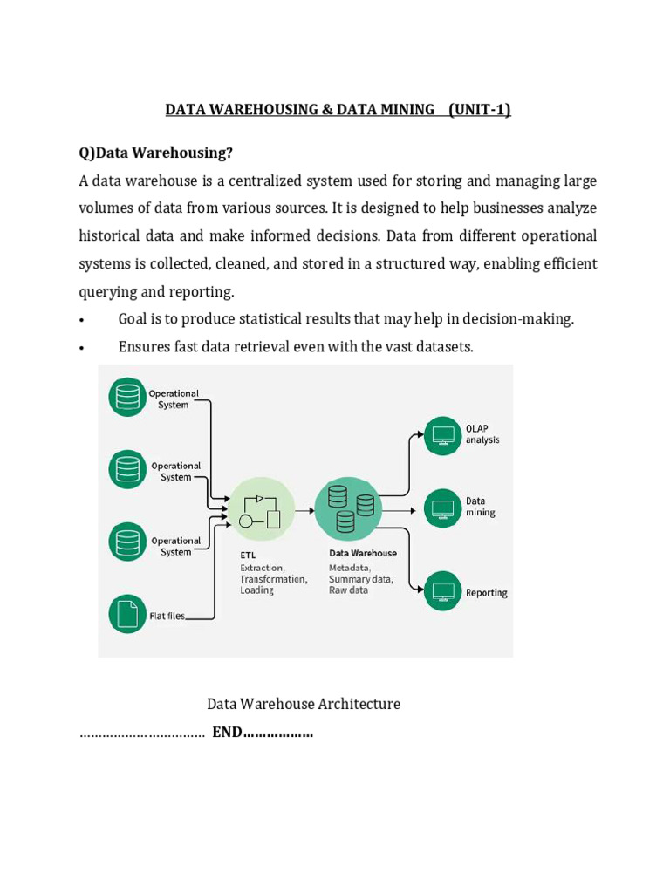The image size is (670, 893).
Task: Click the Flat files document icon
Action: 128,613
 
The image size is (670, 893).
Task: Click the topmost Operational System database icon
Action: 128,398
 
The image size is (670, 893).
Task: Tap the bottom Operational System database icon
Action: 128,541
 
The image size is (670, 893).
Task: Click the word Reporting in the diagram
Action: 487,593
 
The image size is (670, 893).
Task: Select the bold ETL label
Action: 249,553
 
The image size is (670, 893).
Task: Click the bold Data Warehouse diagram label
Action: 363,553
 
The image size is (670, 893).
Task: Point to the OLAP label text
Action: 477,428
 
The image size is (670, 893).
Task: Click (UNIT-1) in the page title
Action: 480,109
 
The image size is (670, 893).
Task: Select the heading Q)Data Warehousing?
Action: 156,153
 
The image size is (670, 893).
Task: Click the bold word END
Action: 227,733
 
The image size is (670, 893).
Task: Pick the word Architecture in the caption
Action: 359,704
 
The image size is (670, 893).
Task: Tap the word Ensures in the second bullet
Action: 144,346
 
